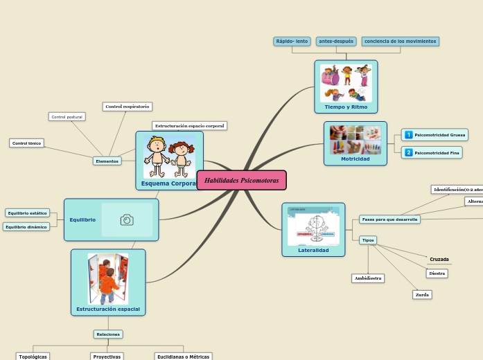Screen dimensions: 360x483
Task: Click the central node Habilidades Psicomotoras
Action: coord(241,180)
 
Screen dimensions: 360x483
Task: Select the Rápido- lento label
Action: coord(292,42)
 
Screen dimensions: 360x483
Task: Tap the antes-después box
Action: coord(336,42)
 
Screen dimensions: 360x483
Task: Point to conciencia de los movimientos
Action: coord(400,42)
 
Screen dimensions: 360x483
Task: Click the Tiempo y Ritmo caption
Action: coord(346,107)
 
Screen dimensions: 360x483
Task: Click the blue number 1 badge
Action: coord(409,135)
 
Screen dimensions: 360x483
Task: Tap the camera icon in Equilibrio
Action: coord(127,219)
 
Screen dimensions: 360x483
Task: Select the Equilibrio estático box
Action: coord(28,213)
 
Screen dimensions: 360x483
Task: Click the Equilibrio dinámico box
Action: coord(26,226)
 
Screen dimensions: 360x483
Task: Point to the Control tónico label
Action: coord(27,143)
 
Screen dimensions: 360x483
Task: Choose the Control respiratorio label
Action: coord(127,107)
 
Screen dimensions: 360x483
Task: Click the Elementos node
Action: coord(107,161)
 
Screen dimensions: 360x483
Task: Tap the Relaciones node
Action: coord(108,334)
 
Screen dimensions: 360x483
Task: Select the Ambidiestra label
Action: coord(368,278)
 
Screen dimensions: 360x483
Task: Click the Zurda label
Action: coord(422,294)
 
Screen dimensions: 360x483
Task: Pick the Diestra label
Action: coord(437,273)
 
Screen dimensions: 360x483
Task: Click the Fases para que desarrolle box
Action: coord(389,219)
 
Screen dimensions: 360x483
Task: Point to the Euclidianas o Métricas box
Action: coord(183,357)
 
